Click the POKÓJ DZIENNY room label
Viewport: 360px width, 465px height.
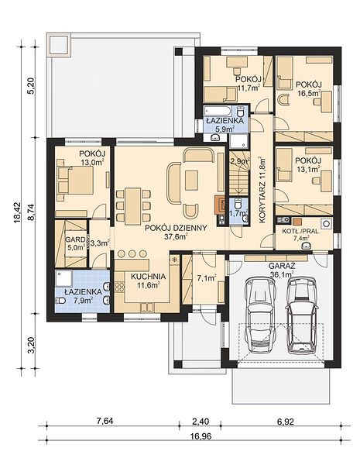click(x=176, y=228)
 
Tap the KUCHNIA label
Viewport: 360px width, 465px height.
click(x=148, y=277)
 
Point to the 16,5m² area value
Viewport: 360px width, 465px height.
click(x=309, y=94)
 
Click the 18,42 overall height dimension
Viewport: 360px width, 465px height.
click(x=18, y=212)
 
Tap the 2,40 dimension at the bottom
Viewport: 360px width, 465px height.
click(x=201, y=421)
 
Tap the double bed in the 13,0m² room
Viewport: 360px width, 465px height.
click(x=76, y=181)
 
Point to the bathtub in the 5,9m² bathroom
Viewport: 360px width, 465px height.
click(x=218, y=112)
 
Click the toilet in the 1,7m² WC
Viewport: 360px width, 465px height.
click(x=238, y=204)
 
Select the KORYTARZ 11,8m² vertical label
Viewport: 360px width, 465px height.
click(x=262, y=190)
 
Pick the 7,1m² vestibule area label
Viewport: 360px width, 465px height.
click(x=207, y=277)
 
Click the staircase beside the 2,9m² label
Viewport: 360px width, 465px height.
click(x=238, y=175)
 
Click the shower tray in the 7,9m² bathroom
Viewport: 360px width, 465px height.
click(x=63, y=278)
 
